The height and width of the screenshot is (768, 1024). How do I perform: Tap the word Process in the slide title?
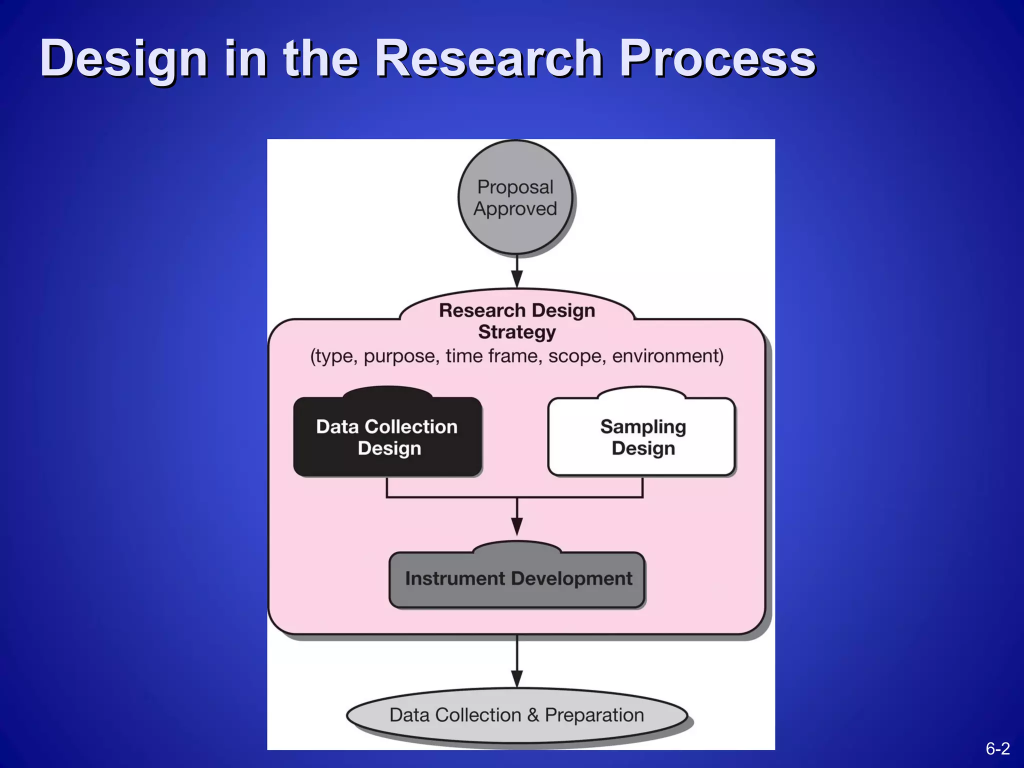click(717, 59)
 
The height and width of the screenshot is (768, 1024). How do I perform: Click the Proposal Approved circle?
click(515, 198)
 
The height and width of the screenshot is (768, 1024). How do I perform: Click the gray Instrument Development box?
click(517, 579)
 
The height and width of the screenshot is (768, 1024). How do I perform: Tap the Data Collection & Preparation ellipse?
click(516, 715)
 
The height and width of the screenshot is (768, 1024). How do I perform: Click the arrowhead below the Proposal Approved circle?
click(517, 278)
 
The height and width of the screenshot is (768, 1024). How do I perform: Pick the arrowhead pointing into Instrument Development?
click(517, 526)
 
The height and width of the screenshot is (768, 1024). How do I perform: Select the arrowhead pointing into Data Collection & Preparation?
click(517, 678)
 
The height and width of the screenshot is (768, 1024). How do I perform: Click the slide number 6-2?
click(997, 748)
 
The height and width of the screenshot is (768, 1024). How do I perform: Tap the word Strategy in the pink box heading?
click(517, 332)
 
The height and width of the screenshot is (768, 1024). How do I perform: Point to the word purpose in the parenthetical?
click(401, 356)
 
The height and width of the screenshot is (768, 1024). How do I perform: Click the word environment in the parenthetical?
click(667, 356)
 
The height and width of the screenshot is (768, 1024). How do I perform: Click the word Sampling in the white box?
click(643, 426)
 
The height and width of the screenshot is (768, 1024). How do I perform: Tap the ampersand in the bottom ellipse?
click(533, 715)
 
